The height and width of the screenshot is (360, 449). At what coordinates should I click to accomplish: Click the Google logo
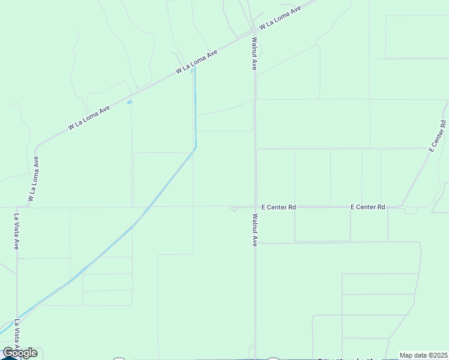[20, 353]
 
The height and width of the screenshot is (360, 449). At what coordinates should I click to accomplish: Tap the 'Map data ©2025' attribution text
[424, 355]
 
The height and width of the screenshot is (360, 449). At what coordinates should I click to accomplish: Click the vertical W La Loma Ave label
[33, 179]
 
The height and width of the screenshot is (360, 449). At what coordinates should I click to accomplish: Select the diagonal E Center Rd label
[437, 136]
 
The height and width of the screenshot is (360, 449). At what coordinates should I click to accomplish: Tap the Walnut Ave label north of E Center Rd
[255, 54]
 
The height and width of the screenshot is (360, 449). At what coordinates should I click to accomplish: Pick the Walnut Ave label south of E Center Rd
[255, 230]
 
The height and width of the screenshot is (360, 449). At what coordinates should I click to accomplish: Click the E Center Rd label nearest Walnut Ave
[276, 207]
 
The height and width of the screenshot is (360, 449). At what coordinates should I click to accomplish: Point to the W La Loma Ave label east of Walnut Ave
[279, 19]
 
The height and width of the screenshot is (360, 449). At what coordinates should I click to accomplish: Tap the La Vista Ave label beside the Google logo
[17, 336]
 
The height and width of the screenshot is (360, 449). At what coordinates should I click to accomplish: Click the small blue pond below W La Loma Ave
[130, 102]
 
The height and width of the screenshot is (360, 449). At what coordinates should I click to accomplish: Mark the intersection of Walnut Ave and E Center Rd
[255, 207]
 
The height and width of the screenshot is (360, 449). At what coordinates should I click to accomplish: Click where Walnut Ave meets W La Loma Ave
[253, 34]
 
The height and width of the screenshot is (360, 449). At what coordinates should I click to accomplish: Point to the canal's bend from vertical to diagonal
[195, 147]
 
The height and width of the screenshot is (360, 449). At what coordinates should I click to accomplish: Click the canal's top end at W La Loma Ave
[193, 67]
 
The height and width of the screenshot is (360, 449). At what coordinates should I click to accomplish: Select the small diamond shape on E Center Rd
[234, 209]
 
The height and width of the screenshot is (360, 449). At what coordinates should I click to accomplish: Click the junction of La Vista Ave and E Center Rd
[17, 208]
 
